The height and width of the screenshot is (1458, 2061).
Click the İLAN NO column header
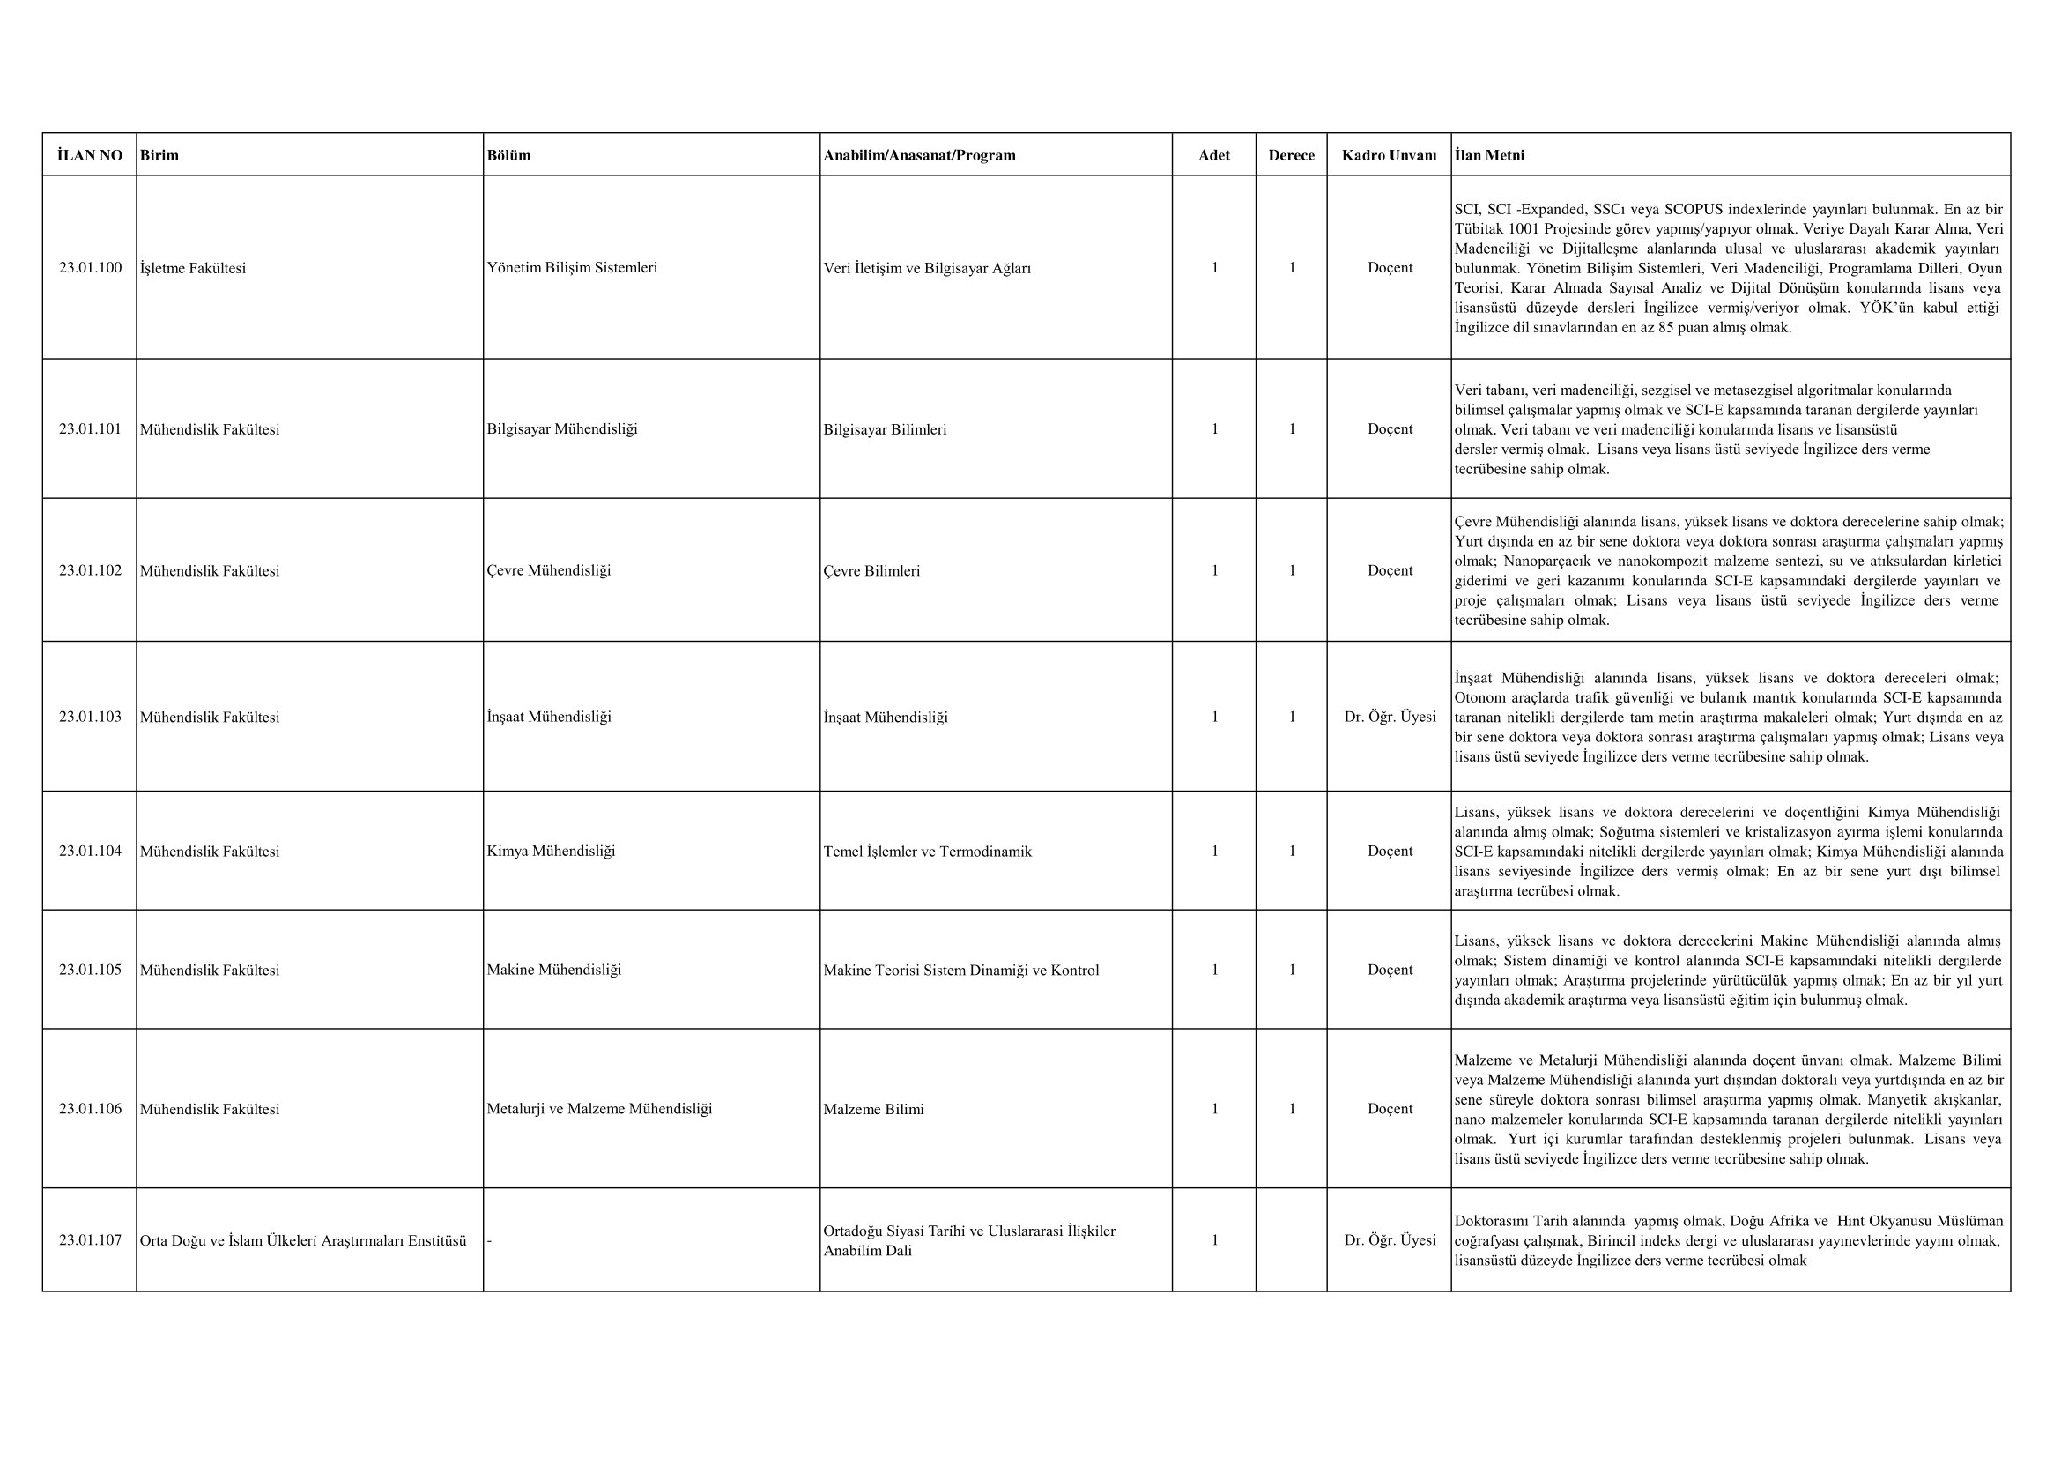90,155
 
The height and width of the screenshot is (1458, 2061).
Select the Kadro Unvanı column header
1389,155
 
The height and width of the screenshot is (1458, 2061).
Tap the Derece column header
1291,155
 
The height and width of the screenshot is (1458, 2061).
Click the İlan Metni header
1489,155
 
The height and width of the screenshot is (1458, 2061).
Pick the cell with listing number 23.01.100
90,268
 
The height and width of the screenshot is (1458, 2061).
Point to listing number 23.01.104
90,852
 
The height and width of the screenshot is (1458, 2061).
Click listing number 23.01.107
90,1240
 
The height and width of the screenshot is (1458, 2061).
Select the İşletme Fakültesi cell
193,268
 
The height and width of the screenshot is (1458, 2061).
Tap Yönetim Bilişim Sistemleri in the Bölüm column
572,268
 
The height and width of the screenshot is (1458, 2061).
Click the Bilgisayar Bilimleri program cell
884,429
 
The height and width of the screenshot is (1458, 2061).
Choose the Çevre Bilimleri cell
871,571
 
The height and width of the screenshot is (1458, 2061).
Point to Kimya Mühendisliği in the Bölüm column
551,852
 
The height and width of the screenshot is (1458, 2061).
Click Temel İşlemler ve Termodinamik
927,852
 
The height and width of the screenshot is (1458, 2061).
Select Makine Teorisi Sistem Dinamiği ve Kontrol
960,970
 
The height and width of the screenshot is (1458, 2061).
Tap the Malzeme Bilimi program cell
873,1109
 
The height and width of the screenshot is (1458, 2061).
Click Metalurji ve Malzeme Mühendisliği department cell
598,1109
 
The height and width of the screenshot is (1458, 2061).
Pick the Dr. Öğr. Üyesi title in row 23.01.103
1390,717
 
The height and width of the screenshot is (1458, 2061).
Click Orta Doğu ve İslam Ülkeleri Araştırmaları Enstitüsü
303,1241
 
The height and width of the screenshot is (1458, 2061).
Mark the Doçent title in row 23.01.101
1390,429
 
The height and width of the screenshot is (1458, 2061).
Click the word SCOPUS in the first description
1695,209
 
